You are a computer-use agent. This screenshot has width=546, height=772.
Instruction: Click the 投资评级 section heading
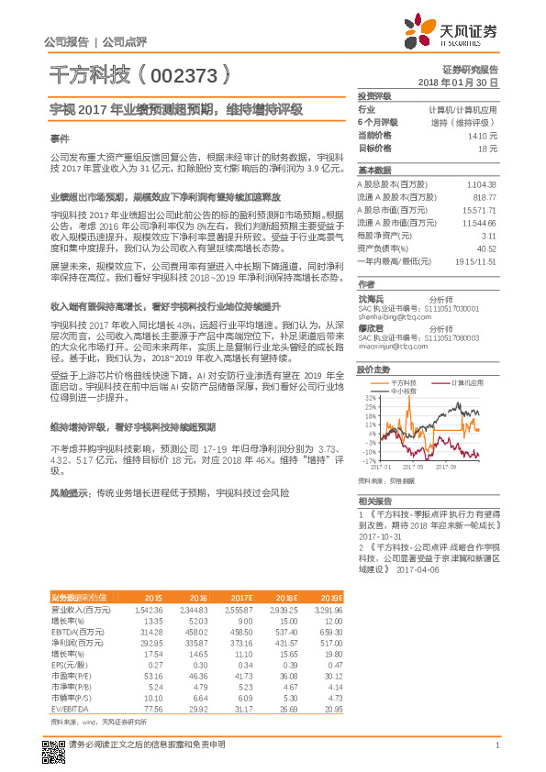pyautogui.click(x=374, y=96)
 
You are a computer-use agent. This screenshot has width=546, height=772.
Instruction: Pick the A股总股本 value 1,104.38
pyautogui.click(x=479, y=184)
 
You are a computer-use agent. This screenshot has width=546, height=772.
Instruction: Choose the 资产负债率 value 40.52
pyautogui.click(x=486, y=248)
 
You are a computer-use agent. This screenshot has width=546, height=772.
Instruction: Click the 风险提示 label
pyautogui.click(x=70, y=492)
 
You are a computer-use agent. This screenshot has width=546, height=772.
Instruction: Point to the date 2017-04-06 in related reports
pyautogui.click(x=418, y=568)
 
